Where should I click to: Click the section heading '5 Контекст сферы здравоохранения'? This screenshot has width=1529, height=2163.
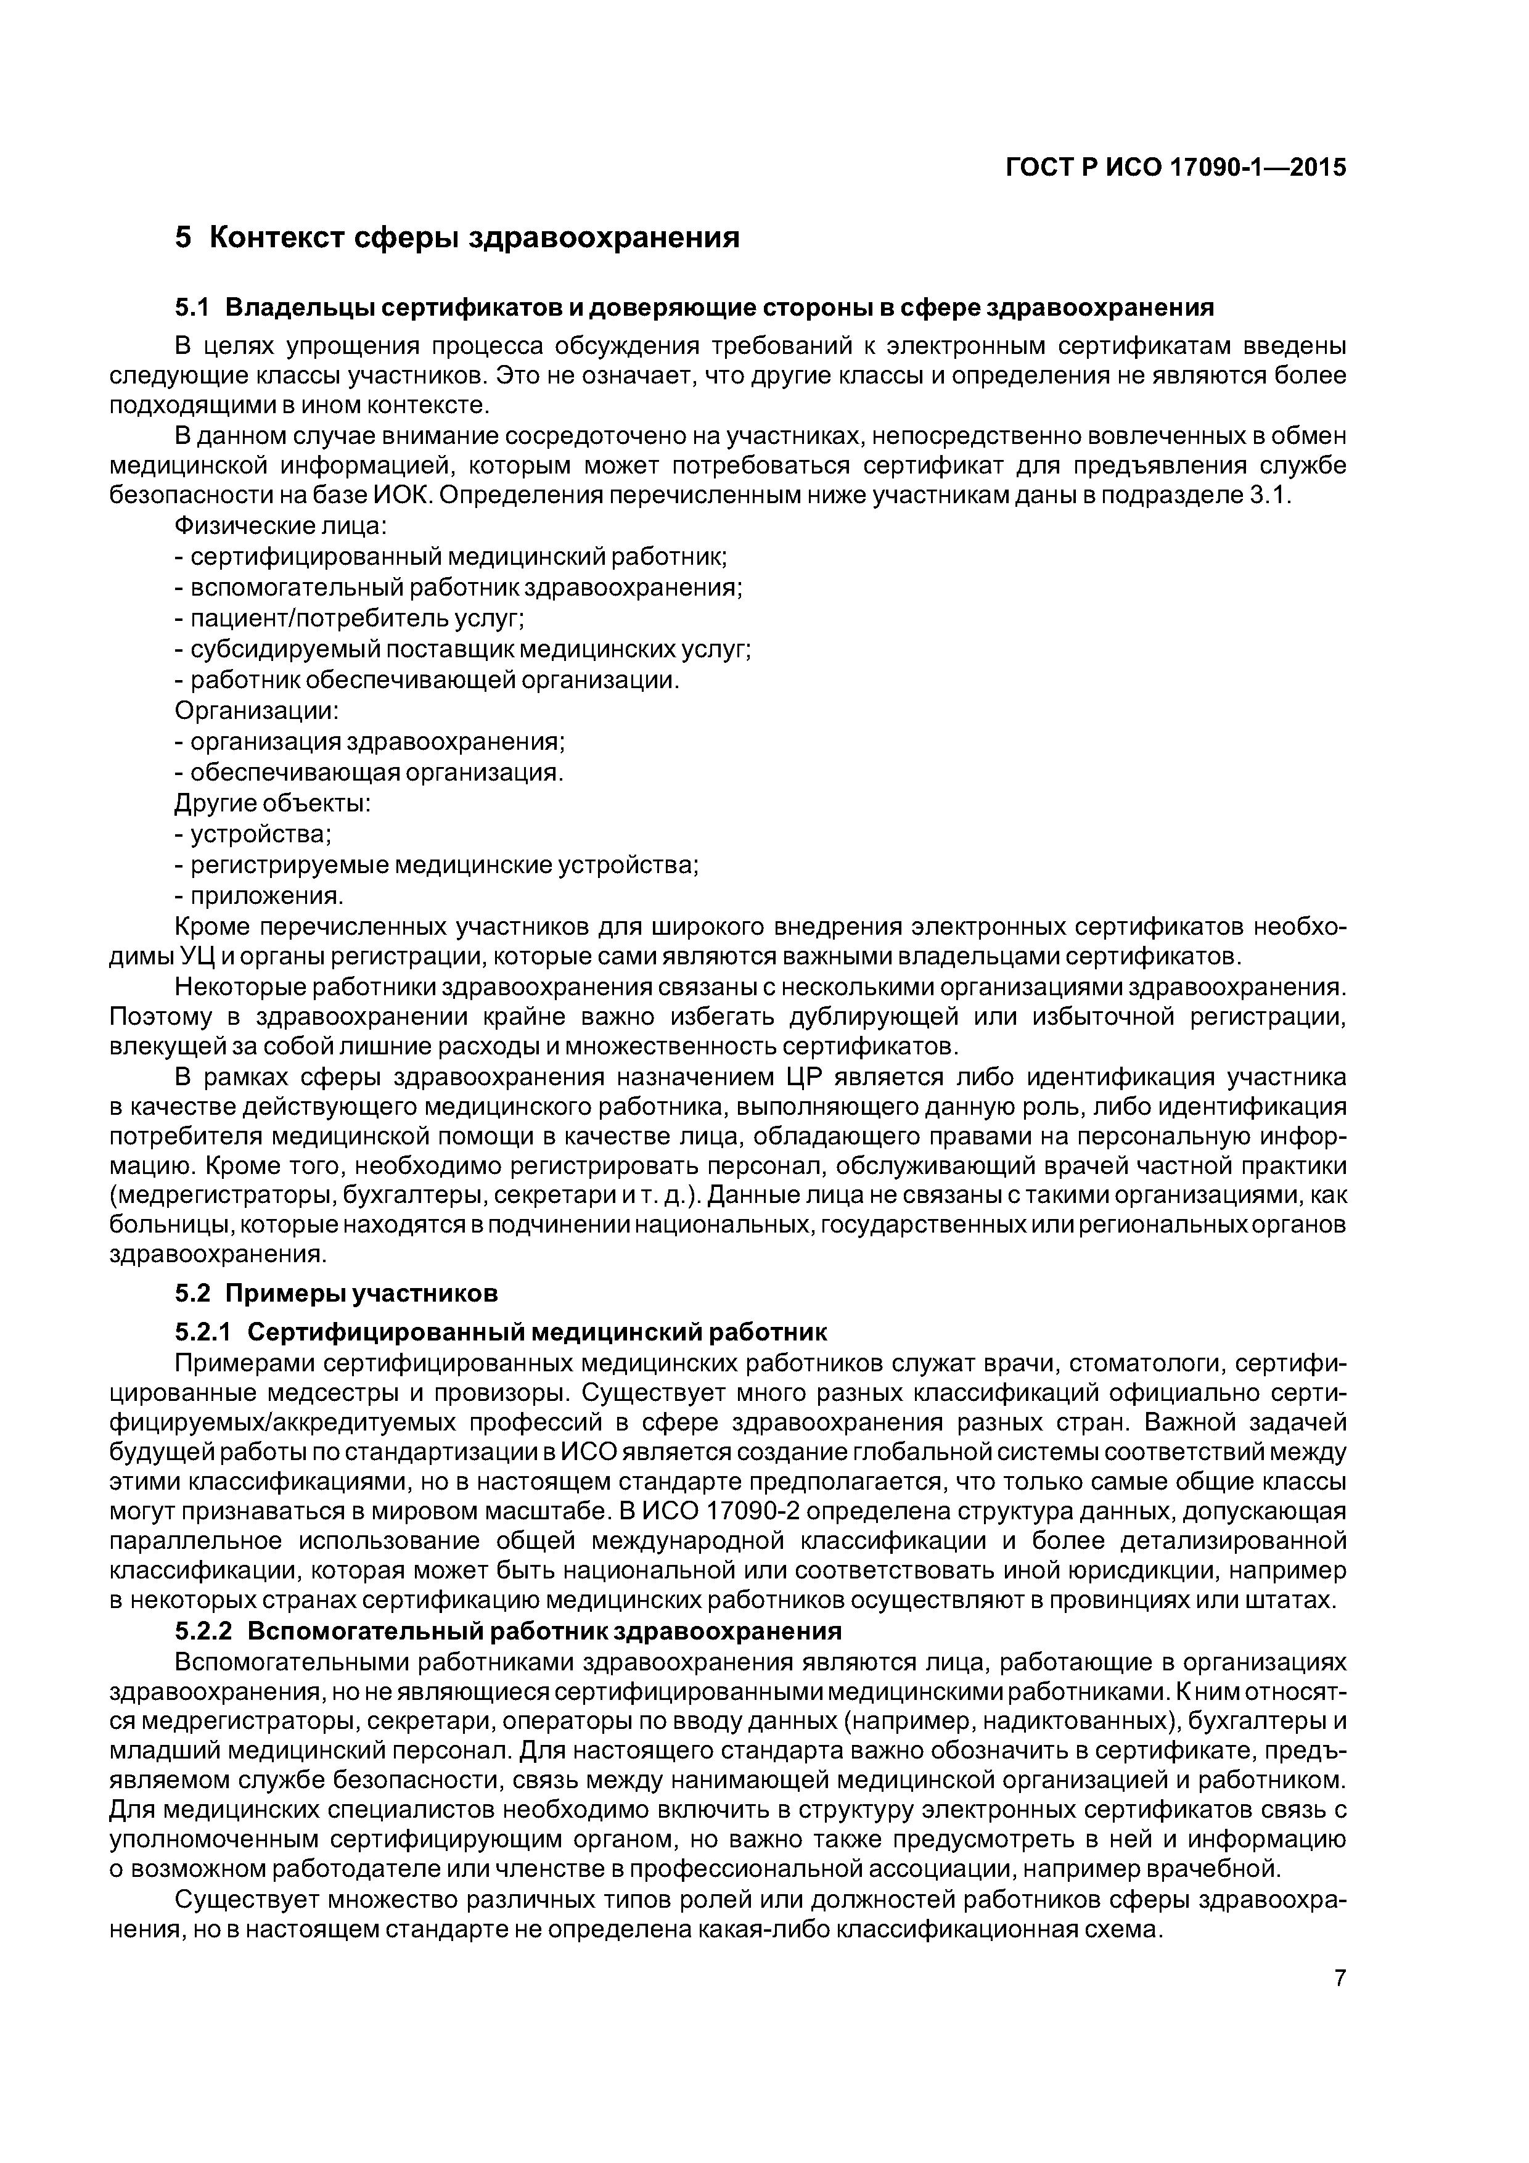(x=457, y=237)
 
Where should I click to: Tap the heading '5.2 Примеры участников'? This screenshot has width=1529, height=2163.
(x=337, y=1294)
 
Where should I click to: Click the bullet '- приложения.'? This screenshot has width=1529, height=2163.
(x=259, y=895)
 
